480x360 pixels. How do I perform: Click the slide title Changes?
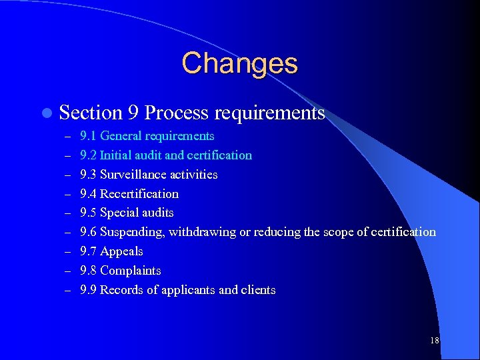click(x=239, y=63)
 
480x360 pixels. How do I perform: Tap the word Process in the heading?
click(x=173, y=113)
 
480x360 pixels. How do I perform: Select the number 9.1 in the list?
click(x=88, y=136)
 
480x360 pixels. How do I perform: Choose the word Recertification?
click(x=139, y=194)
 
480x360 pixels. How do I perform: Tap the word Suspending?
click(x=132, y=233)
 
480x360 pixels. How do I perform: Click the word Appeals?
click(x=121, y=252)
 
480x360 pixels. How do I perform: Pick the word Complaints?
click(x=130, y=271)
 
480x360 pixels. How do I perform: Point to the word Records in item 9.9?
click(x=121, y=291)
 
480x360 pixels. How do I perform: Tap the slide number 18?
click(x=434, y=341)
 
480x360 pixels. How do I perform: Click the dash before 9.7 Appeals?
click(x=67, y=252)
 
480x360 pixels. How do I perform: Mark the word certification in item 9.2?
click(x=221, y=155)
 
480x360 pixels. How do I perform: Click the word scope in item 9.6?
click(x=338, y=233)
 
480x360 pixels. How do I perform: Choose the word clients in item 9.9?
click(x=259, y=291)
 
